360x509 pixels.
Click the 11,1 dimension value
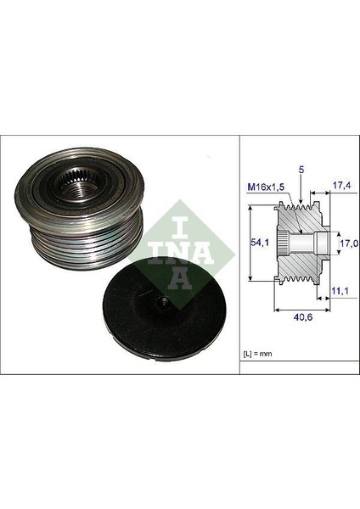[338, 290]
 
